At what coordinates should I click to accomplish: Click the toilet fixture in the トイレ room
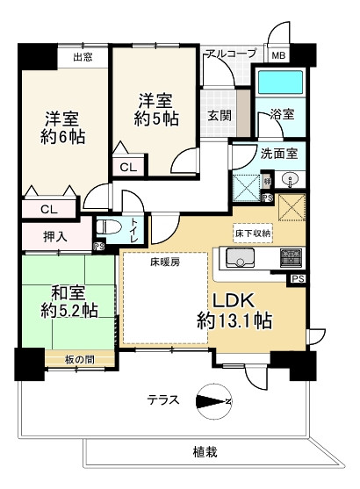point(107,227)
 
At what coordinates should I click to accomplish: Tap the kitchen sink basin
point(240,257)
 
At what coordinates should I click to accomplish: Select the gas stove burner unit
point(291,257)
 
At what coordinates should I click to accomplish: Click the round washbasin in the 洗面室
point(290,180)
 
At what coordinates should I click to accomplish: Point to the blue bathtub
point(280,82)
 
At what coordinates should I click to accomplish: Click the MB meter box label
point(278,55)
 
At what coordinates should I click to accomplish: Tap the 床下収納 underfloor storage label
point(252,233)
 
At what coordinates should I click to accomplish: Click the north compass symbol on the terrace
point(214,401)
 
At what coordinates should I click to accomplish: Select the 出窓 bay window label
point(83,57)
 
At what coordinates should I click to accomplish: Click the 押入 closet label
point(55,237)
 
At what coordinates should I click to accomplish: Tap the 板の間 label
point(80,360)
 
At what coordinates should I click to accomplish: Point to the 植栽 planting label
point(205,451)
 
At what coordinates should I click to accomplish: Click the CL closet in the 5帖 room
point(128,168)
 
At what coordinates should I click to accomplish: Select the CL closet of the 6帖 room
point(49,209)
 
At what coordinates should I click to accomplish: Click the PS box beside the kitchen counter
point(298,279)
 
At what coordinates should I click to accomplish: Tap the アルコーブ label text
point(231,53)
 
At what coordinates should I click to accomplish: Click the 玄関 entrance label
point(220,116)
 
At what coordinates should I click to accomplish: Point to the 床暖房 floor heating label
point(165,262)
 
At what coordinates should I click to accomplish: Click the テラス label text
point(163,399)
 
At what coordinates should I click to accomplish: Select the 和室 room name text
point(68,293)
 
